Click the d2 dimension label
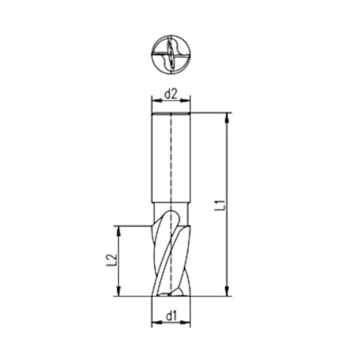click(171, 94)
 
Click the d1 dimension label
click(171, 315)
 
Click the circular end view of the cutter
click(171, 55)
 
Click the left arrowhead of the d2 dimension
click(154, 102)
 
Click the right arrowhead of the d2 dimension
click(188, 102)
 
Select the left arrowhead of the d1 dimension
click(154, 323)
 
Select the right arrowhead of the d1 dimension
click(188, 323)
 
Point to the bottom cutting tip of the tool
click(171, 294)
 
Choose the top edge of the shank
click(171, 113)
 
